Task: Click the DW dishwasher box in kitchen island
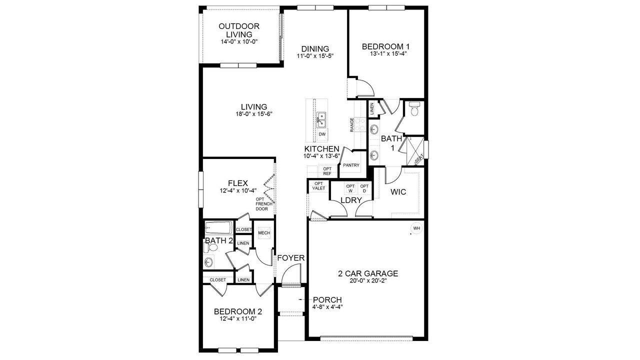(322, 134)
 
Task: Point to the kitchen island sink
(321, 120)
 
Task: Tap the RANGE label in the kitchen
(352, 124)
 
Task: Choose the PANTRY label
(351, 165)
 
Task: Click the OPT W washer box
(350, 189)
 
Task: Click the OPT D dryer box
(364, 189)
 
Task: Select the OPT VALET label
(318, 186)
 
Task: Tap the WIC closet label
(397, 192)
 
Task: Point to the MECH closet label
(264, 233)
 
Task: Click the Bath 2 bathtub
(218, 228)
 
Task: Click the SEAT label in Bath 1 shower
(419, 157)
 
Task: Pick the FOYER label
(291, 258)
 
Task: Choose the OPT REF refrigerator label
(327, 171)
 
